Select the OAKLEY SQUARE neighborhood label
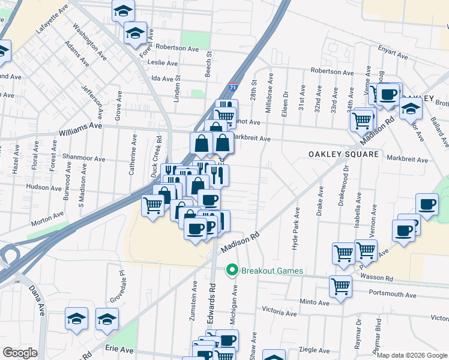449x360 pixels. (344, 154)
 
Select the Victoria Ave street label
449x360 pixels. (279, 312)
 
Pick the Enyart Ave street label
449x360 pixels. (393, 53)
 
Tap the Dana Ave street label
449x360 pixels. (37, 300)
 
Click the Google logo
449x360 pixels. (20, 353)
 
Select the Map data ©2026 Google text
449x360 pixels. (412, 355)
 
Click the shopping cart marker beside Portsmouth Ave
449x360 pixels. (340, 287)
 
